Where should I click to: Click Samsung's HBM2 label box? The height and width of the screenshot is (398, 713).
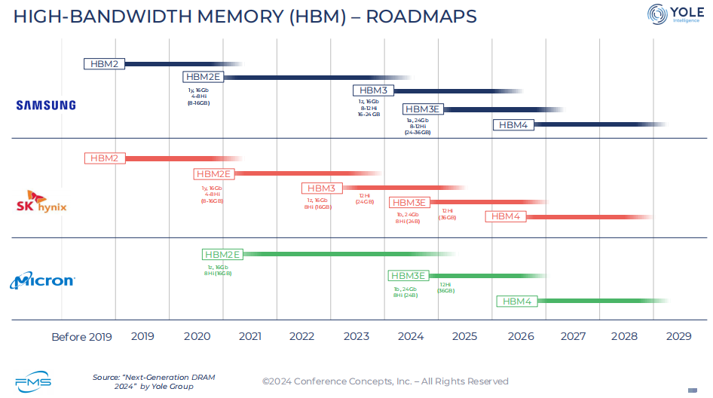point(104,64)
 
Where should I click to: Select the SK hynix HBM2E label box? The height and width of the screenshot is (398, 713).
point(214,173)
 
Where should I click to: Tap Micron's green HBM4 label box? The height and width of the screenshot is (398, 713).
point(516,302)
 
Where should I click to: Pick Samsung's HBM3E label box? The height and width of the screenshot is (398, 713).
point(422,109)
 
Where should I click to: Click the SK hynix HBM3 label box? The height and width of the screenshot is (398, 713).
point(322,188)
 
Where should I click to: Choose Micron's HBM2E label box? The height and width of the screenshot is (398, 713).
point(222,254)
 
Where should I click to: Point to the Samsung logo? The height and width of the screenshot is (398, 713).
point(46,106)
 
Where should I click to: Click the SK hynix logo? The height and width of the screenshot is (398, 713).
point(42,202)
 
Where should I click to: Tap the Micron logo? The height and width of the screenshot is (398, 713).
point(42,281)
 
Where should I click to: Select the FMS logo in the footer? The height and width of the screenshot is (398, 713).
point(33,381)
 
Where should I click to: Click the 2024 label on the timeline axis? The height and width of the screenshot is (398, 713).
point(411,336)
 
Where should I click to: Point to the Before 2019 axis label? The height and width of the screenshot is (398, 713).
point(81,337)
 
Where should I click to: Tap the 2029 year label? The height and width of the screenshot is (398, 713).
point(679,336)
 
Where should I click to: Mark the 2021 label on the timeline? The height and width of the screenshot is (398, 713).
point(250,336)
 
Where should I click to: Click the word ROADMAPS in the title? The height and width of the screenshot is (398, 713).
point(421,16)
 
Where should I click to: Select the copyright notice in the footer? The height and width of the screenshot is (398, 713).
point(385,381)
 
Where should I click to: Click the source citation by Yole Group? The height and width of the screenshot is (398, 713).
point(143,381)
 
